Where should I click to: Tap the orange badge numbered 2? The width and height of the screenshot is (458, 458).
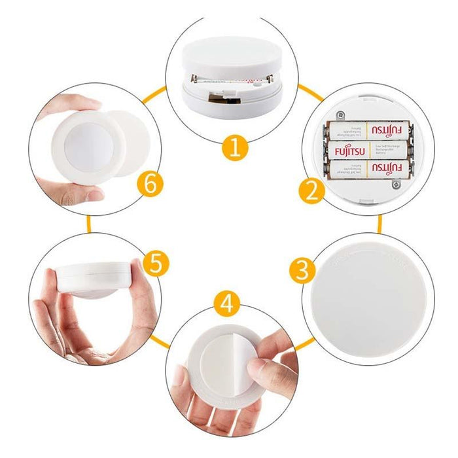click(x=311, y=191)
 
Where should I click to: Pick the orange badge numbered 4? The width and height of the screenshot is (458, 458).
click(x=226, y=304)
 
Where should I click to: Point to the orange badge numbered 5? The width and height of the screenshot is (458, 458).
click(x=155, y=264)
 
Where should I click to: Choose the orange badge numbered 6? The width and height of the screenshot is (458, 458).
click(x=150, y=185)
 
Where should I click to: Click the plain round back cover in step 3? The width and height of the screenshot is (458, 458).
click(x=370, y=299)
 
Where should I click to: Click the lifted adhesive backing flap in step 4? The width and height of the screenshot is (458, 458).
click(x=219, y=357)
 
